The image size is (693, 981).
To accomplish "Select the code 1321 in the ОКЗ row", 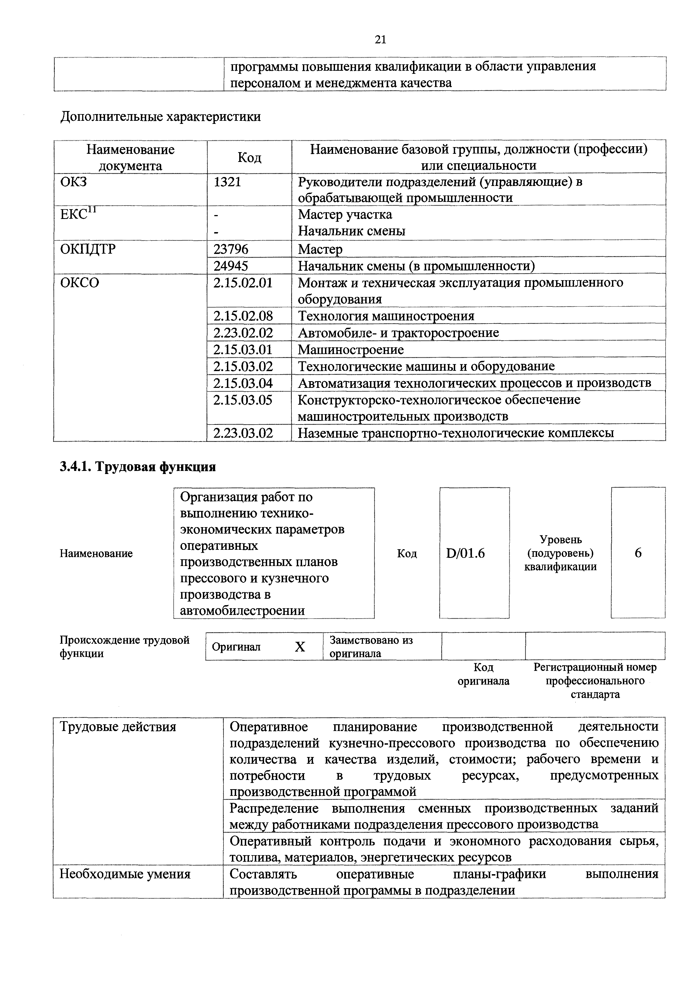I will tap(227, 182).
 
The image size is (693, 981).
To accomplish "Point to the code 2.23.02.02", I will tap(243, 332).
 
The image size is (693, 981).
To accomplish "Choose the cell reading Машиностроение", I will tap(351, 350).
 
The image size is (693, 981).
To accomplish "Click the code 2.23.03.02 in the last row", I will tap(243, 433).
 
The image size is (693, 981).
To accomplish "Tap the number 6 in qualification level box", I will tap(638, 553).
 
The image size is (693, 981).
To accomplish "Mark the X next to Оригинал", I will tap(300, 647).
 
